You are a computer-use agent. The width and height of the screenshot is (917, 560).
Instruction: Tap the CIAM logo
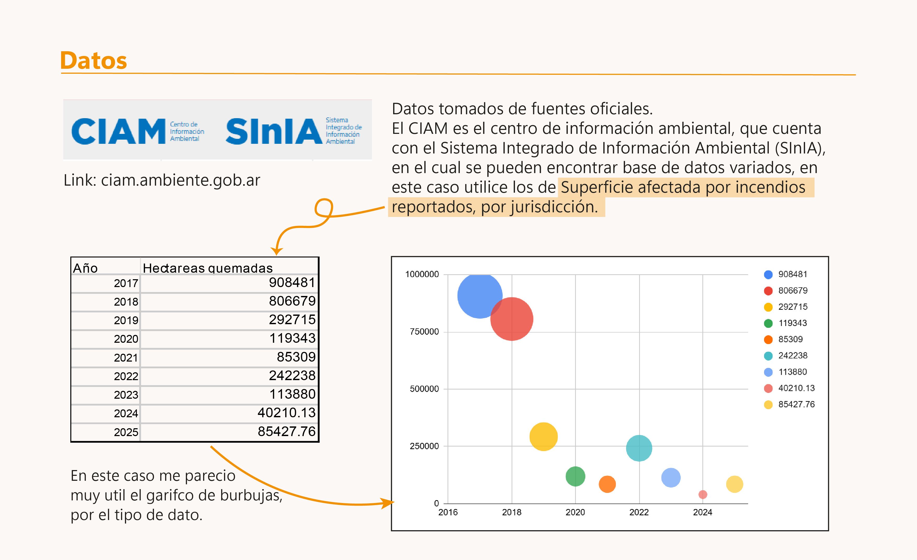point(118,131)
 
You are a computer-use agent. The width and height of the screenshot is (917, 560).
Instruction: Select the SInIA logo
point(274,131)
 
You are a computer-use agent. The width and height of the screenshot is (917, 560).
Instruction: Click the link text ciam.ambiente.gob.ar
point(180,180)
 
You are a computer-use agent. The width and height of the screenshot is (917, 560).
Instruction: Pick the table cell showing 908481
point(292,283)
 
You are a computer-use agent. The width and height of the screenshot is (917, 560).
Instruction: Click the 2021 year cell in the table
point(126,358)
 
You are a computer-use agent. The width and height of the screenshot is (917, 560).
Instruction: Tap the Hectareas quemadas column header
point(208,268)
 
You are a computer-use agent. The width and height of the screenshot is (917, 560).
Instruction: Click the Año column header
point(85,268)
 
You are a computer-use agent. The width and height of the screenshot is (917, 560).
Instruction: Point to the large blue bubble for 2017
point(480,296)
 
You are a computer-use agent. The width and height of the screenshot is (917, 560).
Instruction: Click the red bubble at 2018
point(512,319)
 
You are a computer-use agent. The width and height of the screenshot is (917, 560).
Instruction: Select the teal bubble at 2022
point(639,448)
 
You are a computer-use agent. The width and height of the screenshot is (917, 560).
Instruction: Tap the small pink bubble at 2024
point(703,495)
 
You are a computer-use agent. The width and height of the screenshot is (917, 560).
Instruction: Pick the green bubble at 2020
point(575,476)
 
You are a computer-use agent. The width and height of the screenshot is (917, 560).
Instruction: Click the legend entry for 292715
point(793,307)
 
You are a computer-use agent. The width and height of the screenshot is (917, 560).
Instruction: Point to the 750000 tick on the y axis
point(424,332)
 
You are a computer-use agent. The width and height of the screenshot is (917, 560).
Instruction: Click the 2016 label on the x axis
point(448,512)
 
